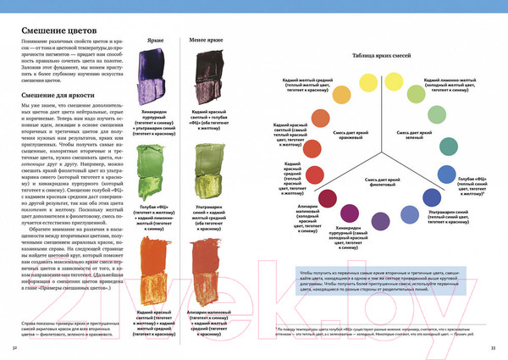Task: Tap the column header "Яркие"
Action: (x=154, y=40)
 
